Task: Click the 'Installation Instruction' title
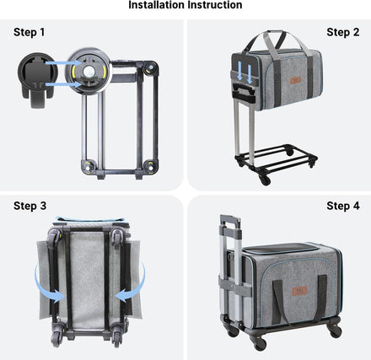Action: click(185, 5)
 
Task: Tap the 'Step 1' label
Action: click(30, 32)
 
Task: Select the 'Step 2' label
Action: click(343, 32)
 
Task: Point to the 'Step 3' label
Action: click(30, 206)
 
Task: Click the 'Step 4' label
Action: click(343, 206)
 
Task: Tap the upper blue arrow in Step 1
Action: click(63, 63)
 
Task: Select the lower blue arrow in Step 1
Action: click(63, 84)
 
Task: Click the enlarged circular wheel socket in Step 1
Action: click(89, 70)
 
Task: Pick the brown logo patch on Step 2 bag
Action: click(295, 80)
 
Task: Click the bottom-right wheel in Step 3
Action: click(116, 335)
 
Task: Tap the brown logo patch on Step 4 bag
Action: click(299, 291)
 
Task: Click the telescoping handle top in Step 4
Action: click(230, 221)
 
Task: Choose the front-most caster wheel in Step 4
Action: click(260, 343)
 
